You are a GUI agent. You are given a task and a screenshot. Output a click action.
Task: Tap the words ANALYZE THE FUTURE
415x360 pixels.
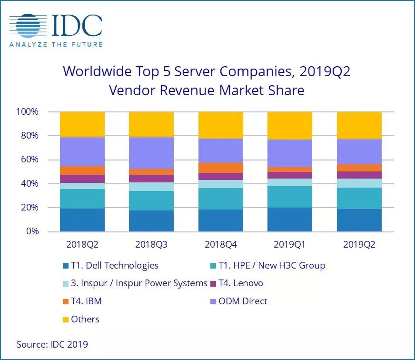tap(56, 44)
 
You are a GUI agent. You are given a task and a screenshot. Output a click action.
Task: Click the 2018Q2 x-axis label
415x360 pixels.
tap(82, 244)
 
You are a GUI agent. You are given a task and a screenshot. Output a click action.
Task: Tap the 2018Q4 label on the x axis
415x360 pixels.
tap(221, 244)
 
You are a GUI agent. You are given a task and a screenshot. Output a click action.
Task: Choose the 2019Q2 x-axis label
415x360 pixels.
tap(359, 244)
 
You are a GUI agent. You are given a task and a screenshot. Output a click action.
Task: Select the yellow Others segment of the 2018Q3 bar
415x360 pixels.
tap(151, 124)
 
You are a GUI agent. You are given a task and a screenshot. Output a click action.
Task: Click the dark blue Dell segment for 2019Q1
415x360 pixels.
tap(290, 220)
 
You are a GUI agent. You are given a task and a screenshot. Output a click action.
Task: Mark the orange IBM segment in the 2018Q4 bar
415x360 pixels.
tap(221, 168)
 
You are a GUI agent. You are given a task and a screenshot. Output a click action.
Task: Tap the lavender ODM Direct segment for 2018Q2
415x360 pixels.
tap(82, 151)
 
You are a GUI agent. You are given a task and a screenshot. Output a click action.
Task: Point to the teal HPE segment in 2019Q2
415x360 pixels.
tap(359, 198)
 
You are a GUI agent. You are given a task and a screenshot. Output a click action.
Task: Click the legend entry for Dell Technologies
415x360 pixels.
tap(114, 265)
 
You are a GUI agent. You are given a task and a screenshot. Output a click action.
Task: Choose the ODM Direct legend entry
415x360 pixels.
tap(242, 301)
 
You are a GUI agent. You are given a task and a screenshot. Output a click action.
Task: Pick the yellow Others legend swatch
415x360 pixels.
tap(66, 319)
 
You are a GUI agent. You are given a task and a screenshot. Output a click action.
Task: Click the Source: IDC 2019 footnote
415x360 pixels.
tap(52, 344)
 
